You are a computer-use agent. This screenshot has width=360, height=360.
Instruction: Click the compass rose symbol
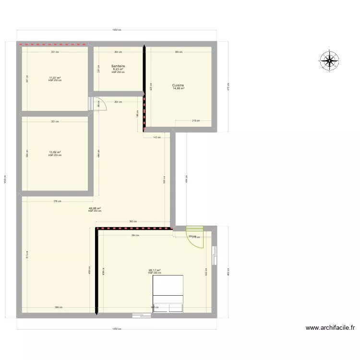pyautogui.click(x=329, y=60)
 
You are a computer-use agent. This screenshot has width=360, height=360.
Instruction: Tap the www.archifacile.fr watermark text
pyautogui.click(x=330, y=328)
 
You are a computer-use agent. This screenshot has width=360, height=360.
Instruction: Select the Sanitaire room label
pyautogui.click(x=118, y=66)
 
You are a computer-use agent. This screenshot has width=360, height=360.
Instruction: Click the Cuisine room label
pyautogui.click(x=179, y=85)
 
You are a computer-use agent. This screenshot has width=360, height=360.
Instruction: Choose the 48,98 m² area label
pyautogui.click(x=95, y=208)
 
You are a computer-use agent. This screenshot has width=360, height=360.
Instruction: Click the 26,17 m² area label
pyautogui.click(x=155, y=270)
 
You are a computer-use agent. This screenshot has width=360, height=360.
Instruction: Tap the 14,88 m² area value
pyautogui.click(x=179, y=89)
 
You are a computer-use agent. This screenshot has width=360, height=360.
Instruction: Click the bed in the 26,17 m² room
pyautogui.click(x=168, y=294)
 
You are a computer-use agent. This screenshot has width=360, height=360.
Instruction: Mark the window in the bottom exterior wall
pyautogui.click(x=142, y=315)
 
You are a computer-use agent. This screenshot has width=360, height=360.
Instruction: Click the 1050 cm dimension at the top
pyautogui.click(x=117, y=30)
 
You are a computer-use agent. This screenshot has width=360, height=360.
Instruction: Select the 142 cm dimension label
pyautogui.click(x=157, y=137)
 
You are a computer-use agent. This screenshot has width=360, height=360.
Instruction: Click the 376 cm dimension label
pyautogui.click(x=57, y=201)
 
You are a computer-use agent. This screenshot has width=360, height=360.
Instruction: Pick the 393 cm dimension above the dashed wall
pyautogui.click(x=133, y=221)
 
